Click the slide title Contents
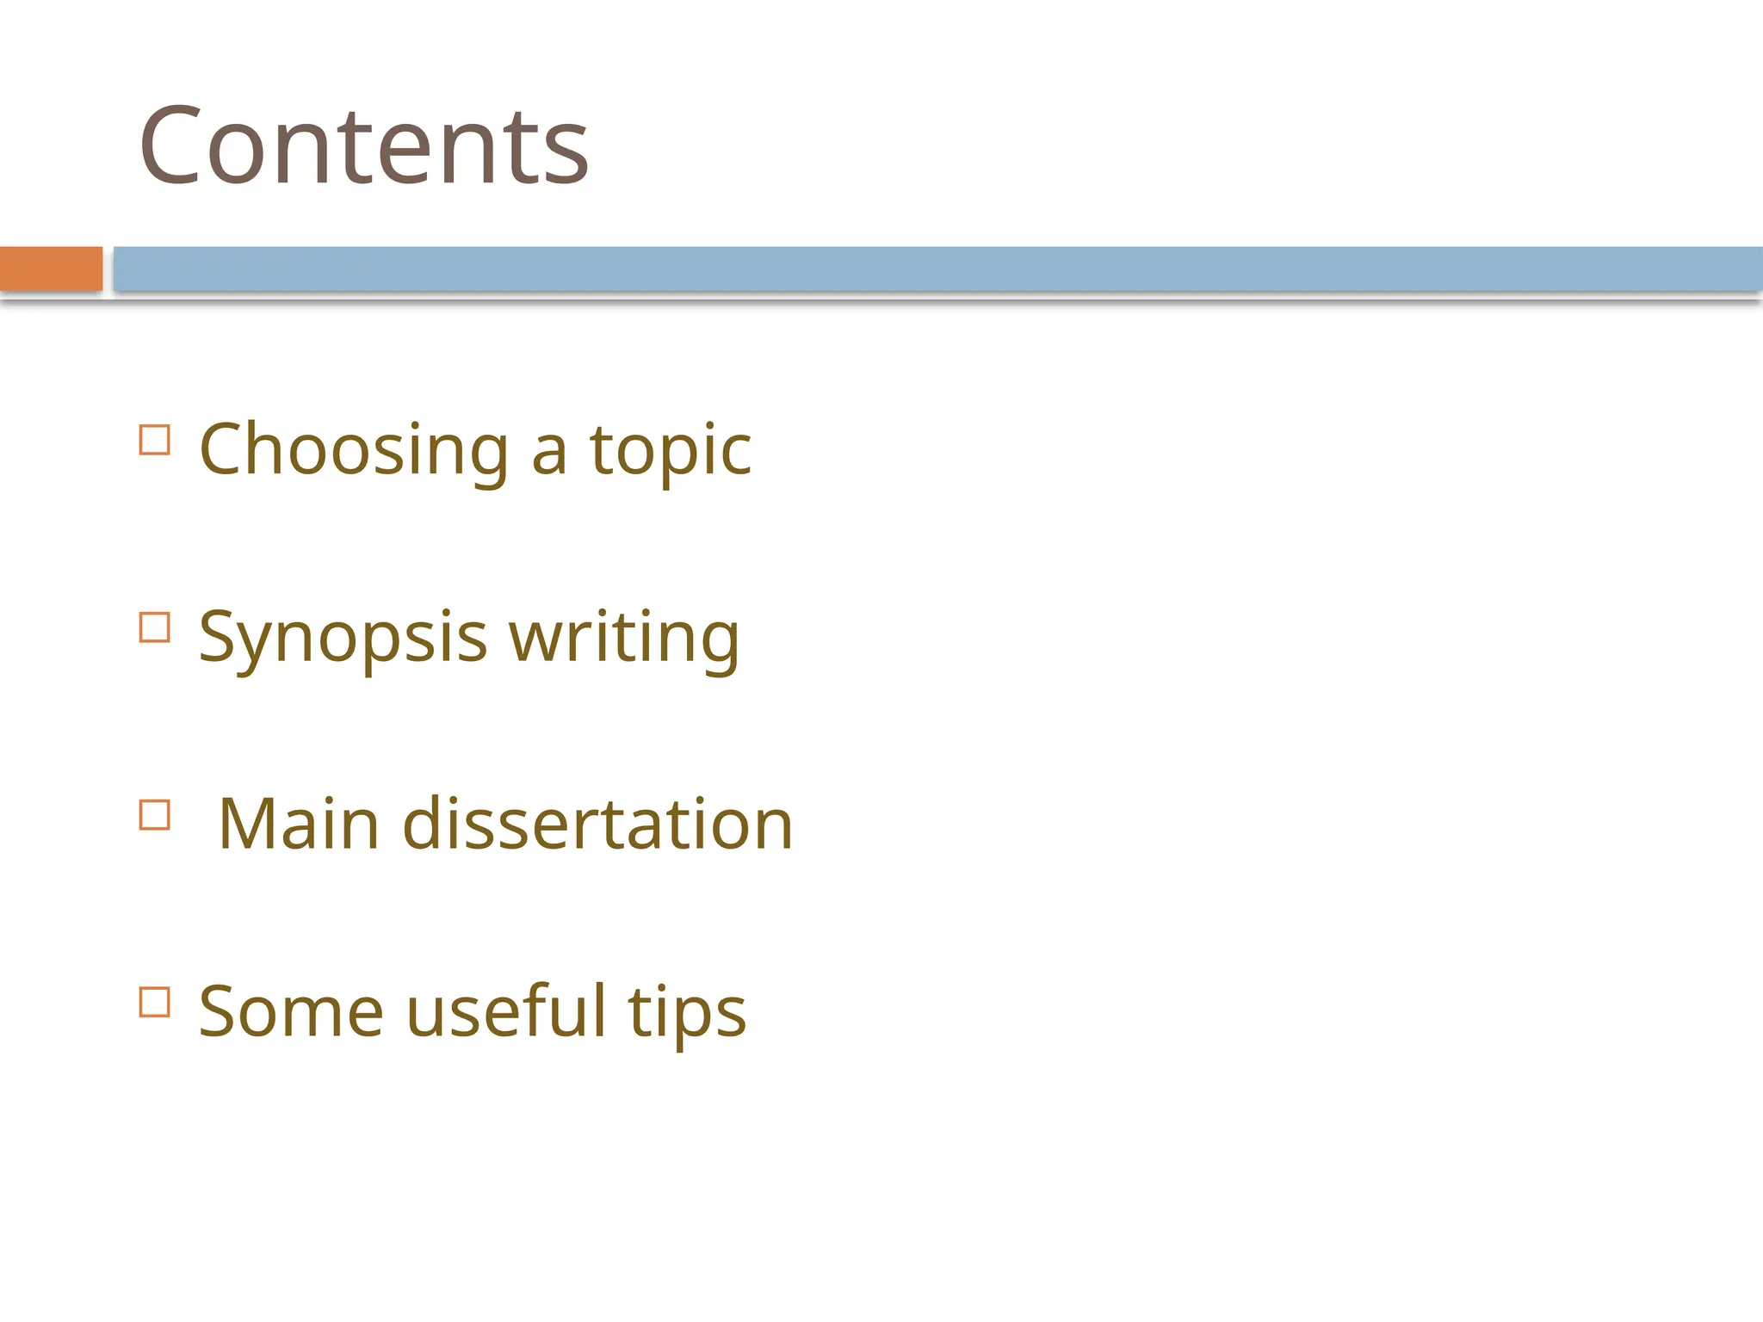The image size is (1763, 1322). [x=363, y=145]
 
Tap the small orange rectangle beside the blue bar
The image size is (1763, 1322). [x=51, y=269]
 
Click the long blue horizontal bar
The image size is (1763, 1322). [x=937, y=269]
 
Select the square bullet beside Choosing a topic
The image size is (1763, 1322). [x=155, y=440]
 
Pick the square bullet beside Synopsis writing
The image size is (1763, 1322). [x=155, y=627]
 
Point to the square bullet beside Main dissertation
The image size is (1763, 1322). [x=155, y=814]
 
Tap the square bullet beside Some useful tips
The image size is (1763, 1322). [x=155, y=1002]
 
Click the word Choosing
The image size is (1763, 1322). [x=355, y=451]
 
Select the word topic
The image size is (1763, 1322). [x=670, y=451]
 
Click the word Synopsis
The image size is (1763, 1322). [x=343, y=638]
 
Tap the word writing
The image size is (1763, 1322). [x=624, y=638]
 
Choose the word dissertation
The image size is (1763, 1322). [x=597, y=825]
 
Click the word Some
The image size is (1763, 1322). [x=291, y=1012]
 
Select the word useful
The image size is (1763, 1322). [x=506, y=1012]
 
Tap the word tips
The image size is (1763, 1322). [x=687, y=1012]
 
